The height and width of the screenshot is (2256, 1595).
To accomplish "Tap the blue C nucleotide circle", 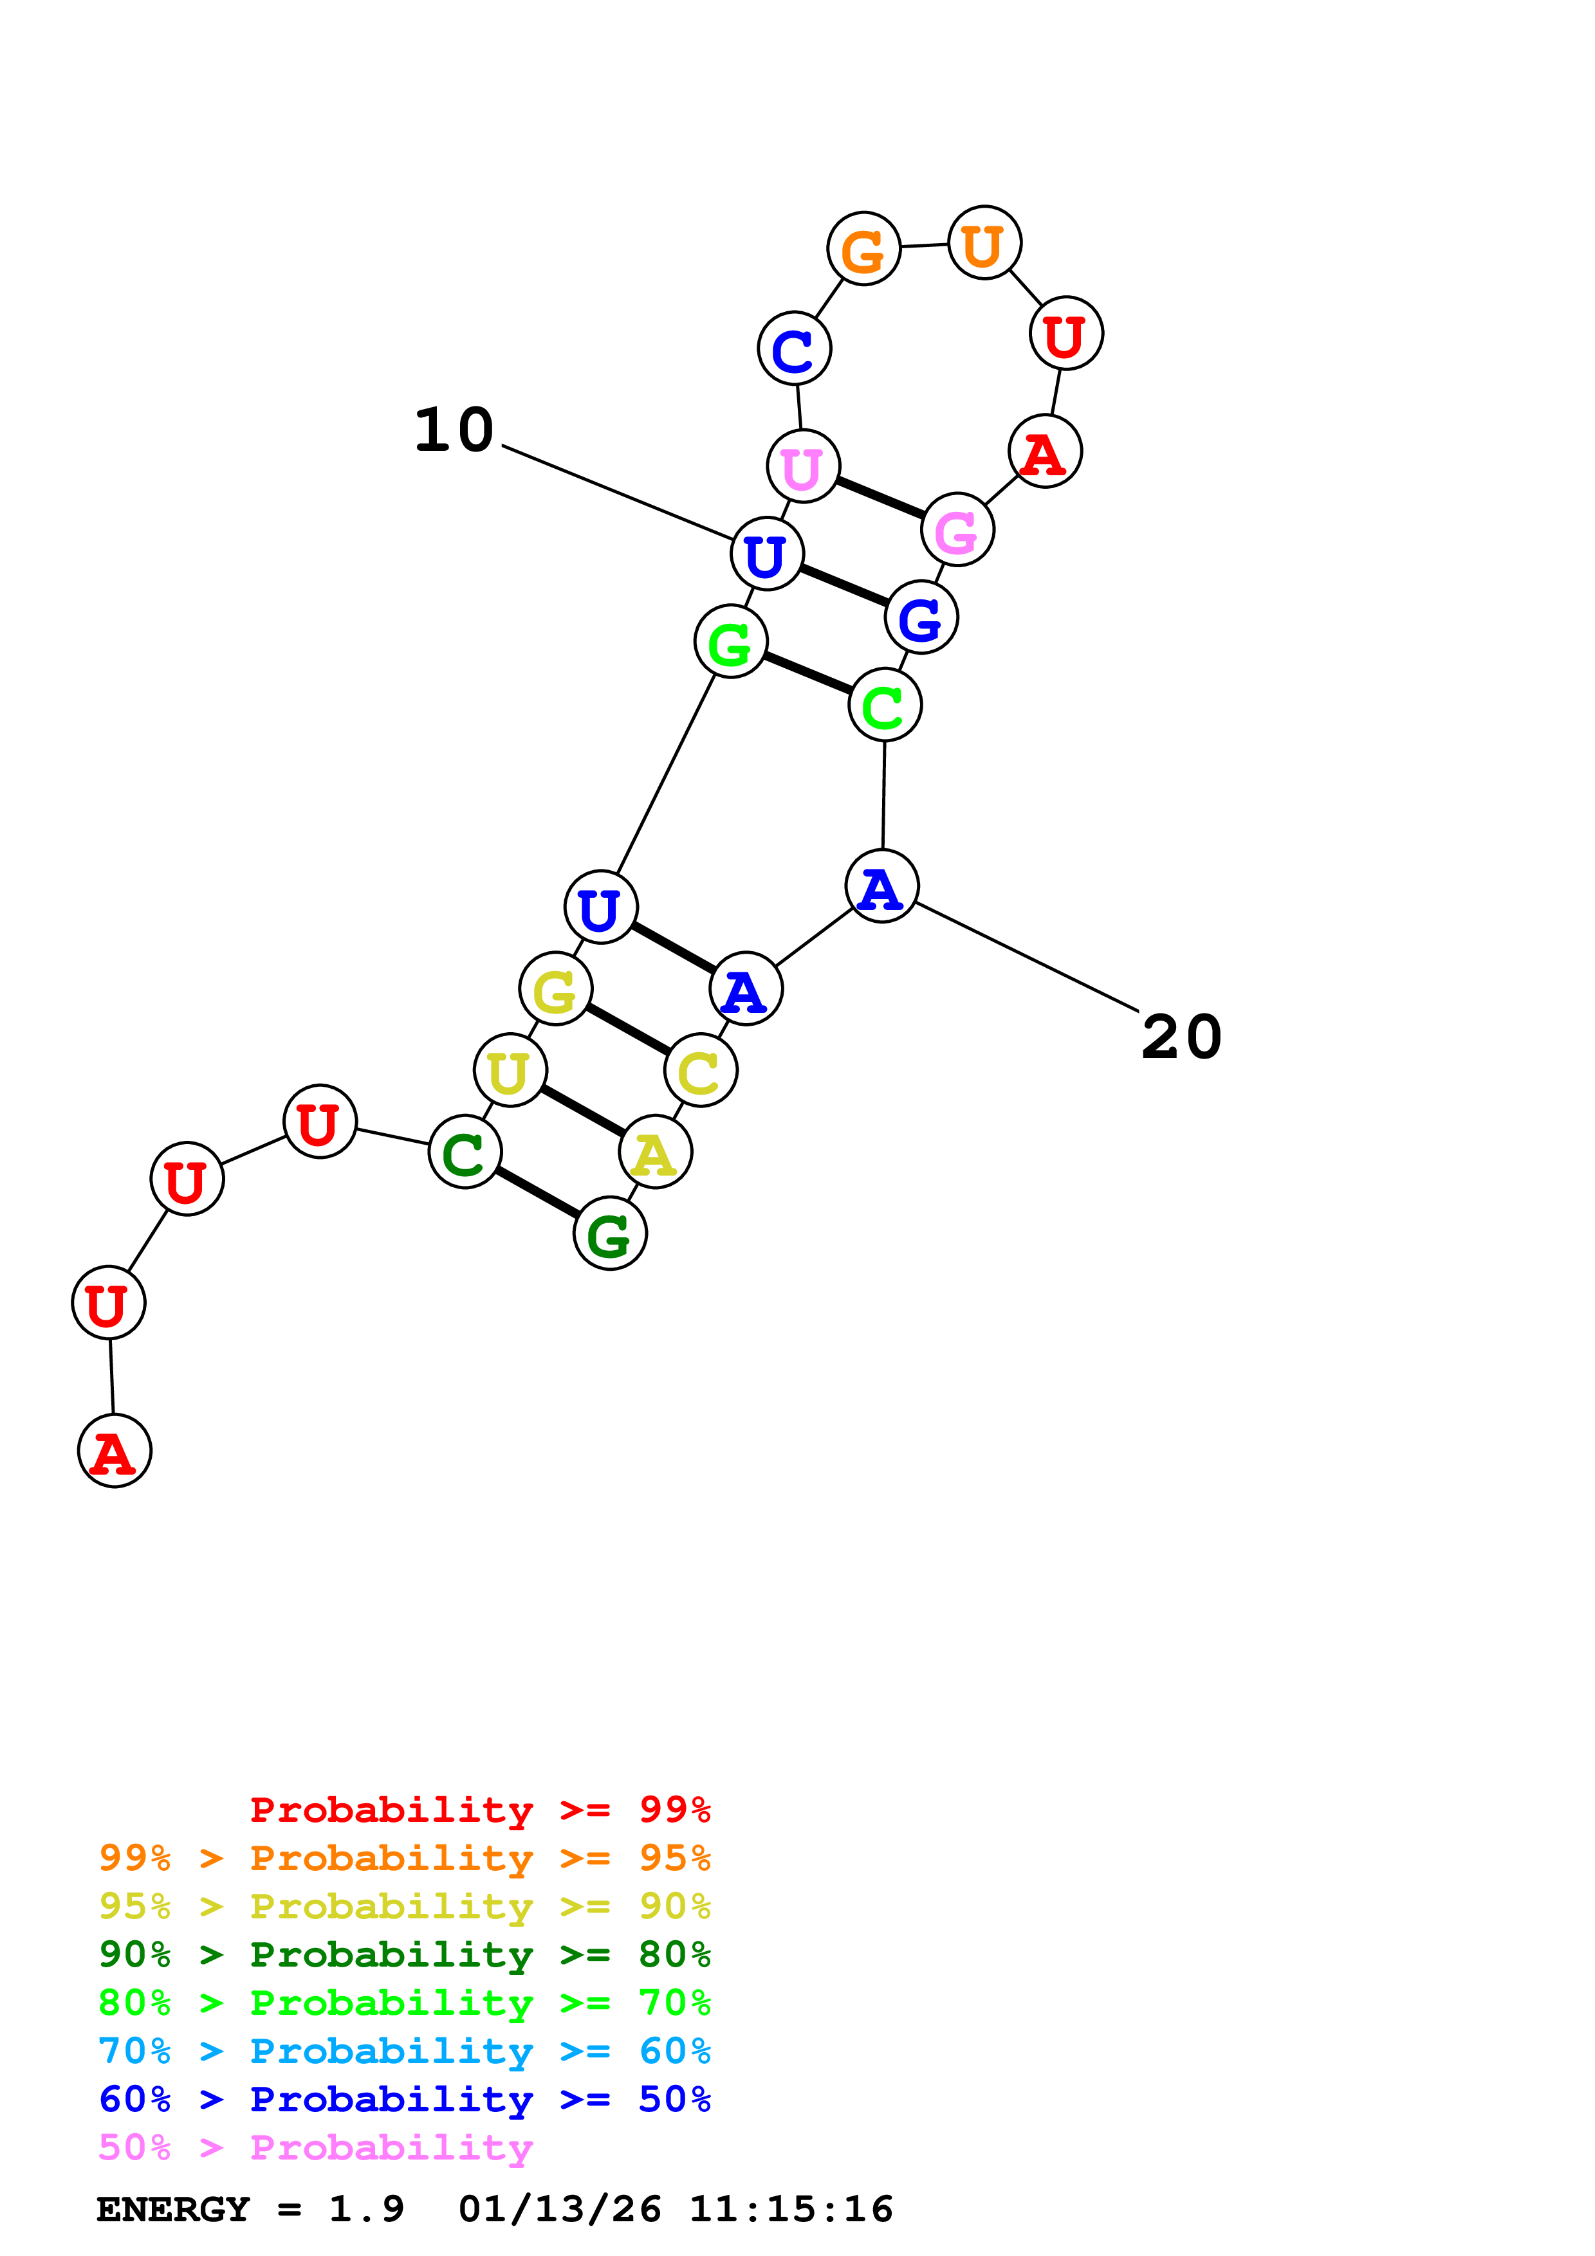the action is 794,348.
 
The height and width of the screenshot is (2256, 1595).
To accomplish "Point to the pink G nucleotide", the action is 957,530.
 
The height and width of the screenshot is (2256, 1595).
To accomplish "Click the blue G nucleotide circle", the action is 921,617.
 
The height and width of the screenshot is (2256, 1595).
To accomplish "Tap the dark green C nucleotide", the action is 465,1152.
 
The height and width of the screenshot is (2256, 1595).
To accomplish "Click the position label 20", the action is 1181,1037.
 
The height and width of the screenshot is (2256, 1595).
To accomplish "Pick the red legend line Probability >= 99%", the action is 479,1810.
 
